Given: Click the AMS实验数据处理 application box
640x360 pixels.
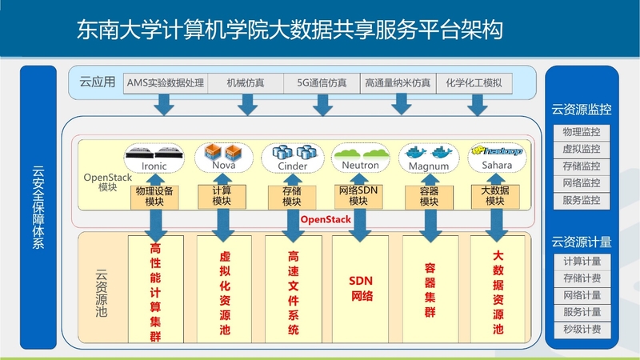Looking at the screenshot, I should pos(166,82).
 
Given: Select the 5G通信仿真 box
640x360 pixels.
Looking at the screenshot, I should pos(322,82).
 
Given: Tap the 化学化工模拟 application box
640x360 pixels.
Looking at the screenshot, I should pos(474,82).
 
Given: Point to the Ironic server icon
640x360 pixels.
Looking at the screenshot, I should pos(154,152).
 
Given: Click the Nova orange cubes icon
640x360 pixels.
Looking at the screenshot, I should pos(223,151).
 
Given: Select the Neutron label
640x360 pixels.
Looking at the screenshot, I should pos(361,166).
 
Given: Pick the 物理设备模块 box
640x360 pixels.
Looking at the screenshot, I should pos(154,197).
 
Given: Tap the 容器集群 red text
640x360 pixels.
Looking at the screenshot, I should pos(430,288).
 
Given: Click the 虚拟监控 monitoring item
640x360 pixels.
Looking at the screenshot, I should pos(581,149).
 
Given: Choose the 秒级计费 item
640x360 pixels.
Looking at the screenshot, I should pos(581,330).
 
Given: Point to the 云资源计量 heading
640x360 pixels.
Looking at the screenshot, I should pos(581,241).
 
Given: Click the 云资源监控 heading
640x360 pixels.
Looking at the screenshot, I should pos(581,109).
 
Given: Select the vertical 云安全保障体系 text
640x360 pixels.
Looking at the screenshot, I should pos(38,208).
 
